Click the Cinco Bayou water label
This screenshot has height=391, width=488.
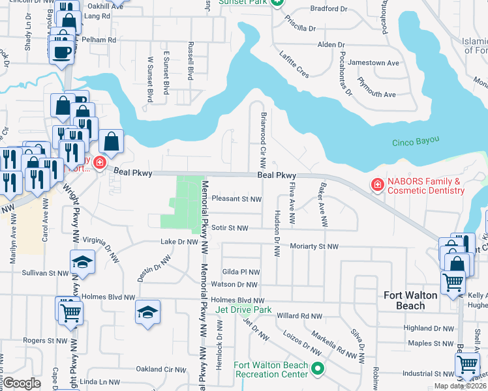coord(418,143)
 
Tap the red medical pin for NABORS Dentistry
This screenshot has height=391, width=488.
coord(376,186)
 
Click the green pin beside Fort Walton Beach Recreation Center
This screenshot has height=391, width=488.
coord(318,369)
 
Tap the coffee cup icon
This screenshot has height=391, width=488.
coord(63,51)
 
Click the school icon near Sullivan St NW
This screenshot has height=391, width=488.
coord(82,263)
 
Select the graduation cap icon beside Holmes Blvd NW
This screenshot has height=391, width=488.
coord(148,311)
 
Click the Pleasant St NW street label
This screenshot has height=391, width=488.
coord(237,199)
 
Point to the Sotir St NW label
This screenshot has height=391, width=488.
coord(230,228)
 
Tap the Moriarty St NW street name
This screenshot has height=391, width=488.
coord(316,246)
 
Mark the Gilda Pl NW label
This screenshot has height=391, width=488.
coord(241,272)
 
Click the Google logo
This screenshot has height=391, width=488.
coord(22,383)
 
